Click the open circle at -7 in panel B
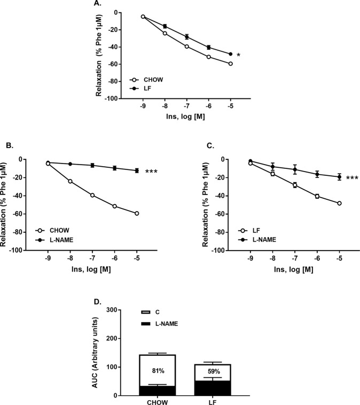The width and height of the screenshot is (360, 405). coord(92,195)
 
